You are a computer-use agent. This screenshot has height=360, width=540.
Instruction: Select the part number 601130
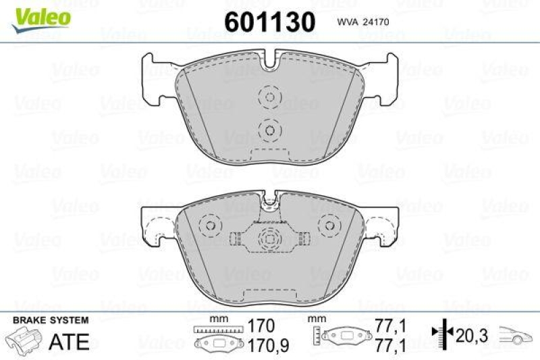pos(269,22)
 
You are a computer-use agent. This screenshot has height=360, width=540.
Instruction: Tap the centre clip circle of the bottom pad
pos(270,238)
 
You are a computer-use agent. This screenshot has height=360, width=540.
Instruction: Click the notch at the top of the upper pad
pos(270,64)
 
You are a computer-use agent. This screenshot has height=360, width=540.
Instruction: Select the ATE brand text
pos(70,342)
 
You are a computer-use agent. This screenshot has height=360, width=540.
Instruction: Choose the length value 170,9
pos(257,345)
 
